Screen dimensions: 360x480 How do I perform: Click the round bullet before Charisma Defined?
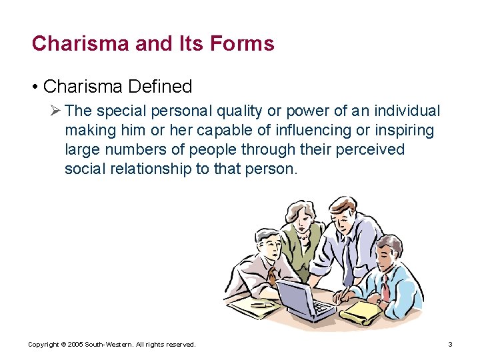pyautogui.click(x=35, y=87)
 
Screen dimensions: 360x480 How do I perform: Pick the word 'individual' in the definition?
pyautogui.click(x=408, y=111)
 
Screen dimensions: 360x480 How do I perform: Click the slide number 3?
pyautogui.click(x=450, y=345)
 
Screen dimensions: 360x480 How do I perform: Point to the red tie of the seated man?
pyautogui.click(x=386, y=290)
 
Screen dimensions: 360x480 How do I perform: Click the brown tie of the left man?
pyautogui.click(x=272, y=273)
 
